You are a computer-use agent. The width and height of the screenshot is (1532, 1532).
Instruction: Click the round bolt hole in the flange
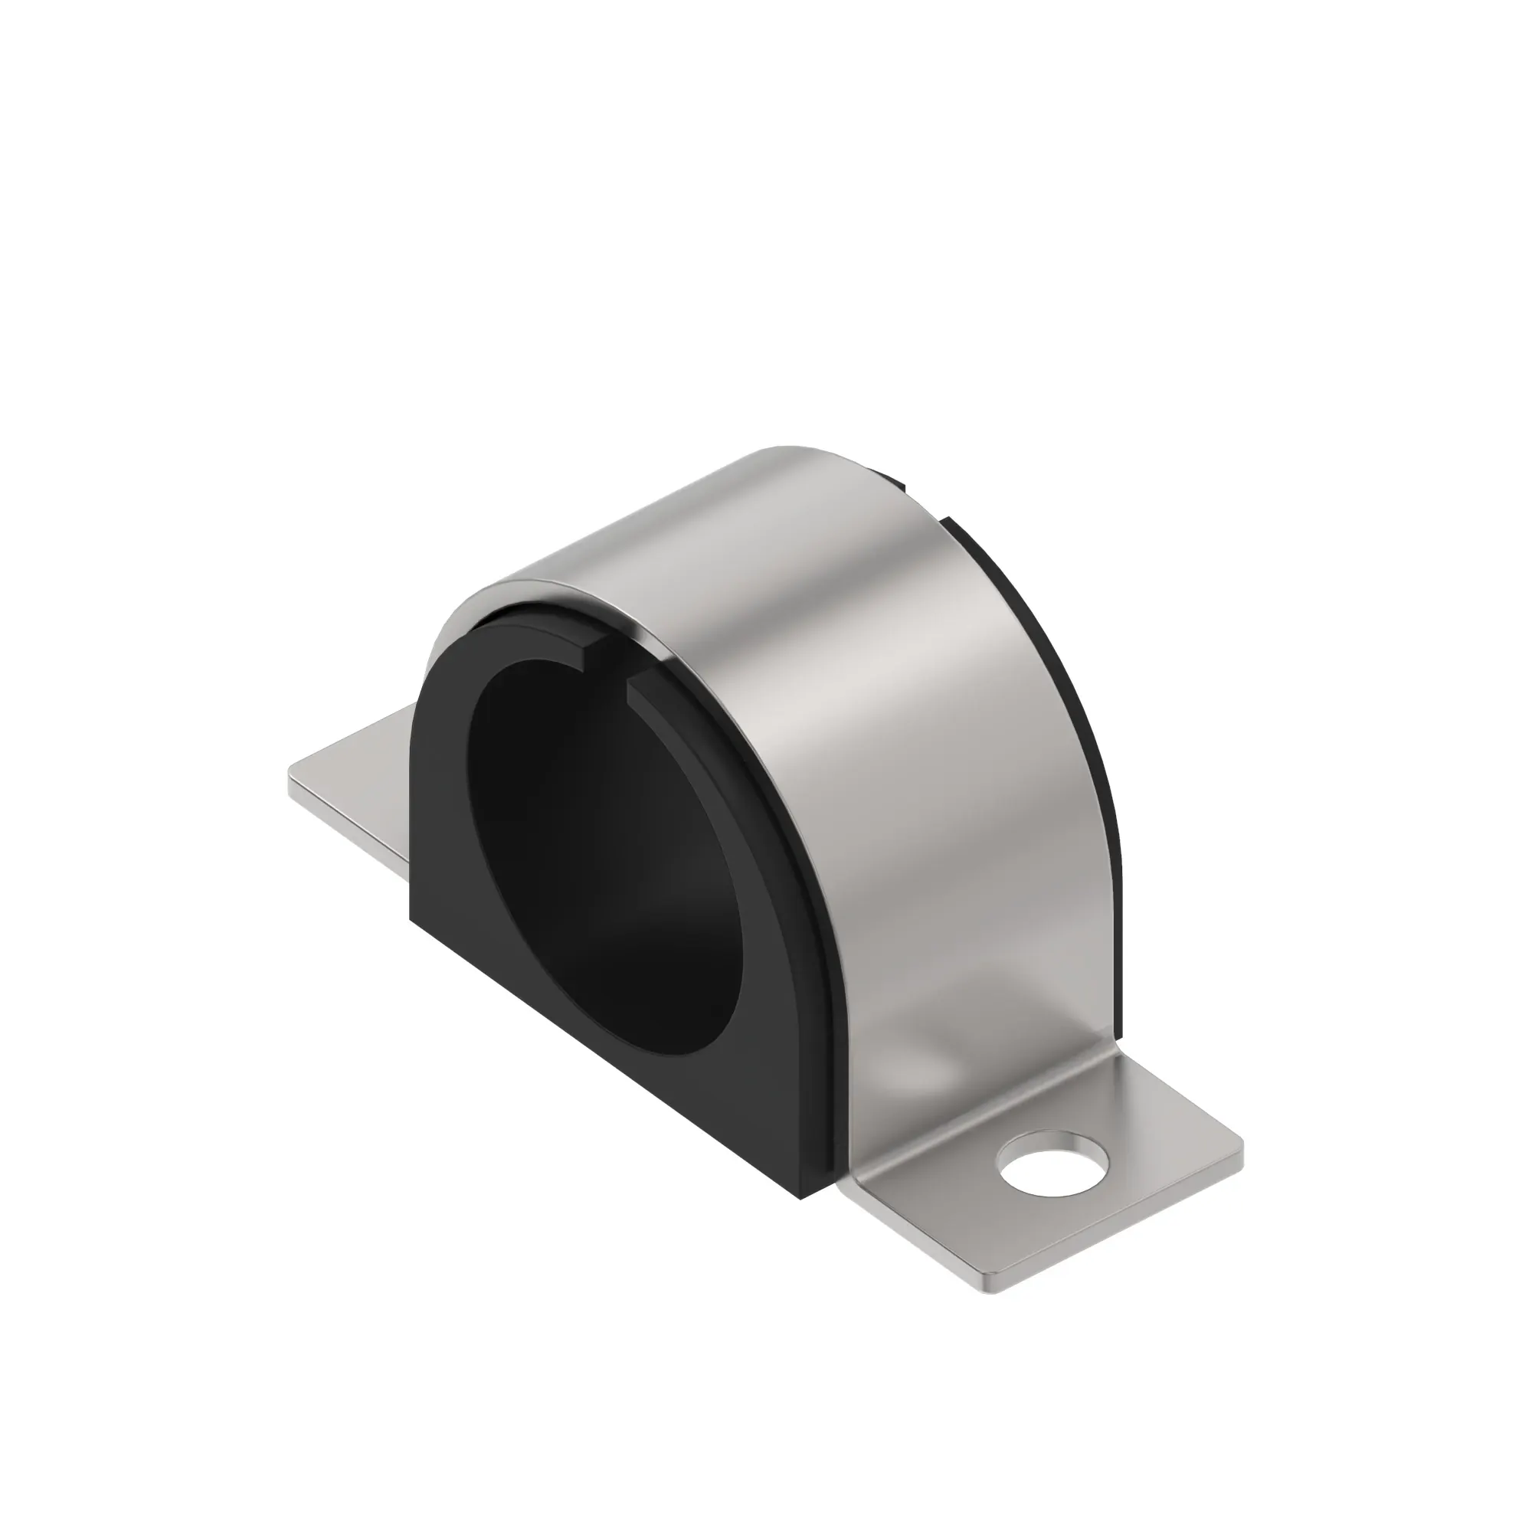pos(1052,1170)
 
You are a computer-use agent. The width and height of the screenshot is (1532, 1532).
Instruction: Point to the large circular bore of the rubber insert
pos(603,856)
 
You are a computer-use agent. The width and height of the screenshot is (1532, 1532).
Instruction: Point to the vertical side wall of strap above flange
pos(991,912)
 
